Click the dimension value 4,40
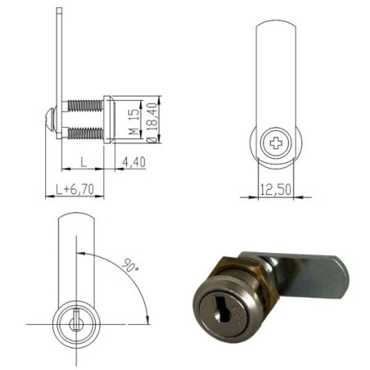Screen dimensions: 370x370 133,162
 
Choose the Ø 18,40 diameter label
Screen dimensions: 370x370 149,121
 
